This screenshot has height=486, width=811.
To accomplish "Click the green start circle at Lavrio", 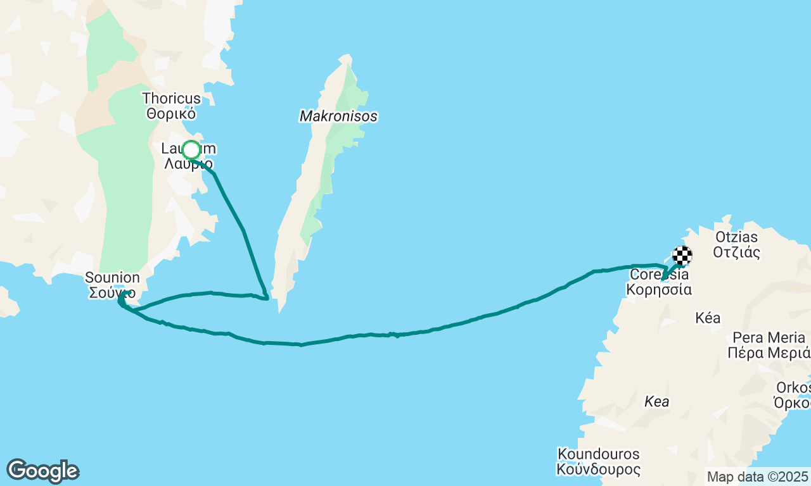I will [191, 151].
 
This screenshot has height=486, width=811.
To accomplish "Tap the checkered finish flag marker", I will [682, 256].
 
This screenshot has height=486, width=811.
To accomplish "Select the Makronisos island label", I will [338, 116].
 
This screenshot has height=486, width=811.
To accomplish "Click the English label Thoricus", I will [172, 99].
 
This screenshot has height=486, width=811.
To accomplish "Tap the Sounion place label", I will [113, 278].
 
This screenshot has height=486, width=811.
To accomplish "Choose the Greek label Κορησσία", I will [659, 290].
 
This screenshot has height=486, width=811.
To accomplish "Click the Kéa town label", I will [708, 318].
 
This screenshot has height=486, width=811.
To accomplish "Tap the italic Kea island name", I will [656, 401].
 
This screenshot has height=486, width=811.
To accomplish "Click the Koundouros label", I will [599, 454].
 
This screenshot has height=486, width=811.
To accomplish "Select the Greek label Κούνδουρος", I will [599, 470].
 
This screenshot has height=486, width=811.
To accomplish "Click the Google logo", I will [42, 471].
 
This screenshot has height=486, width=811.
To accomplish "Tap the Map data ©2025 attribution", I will [758, 477].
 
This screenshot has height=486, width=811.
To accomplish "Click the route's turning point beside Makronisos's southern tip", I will [267, 298].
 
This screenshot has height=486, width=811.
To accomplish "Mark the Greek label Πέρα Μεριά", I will [769, 353].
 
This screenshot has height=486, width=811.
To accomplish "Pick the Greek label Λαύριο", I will [189, 165].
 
